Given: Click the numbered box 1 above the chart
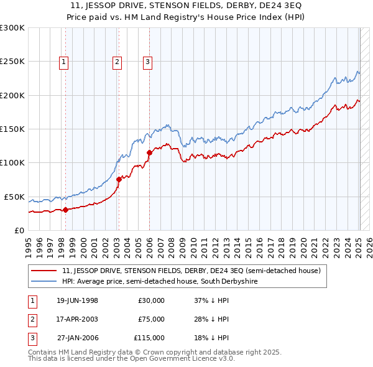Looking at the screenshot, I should pyautogui.click(x=65, y=61).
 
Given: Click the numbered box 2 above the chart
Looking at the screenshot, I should pyautogui.click(x=117, y=61).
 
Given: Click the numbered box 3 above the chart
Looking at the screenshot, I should pyautogui.click(x=147, y=61).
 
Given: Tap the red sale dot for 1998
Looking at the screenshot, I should pyautogui.click(x=65, y=210).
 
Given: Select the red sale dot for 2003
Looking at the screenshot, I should pyautogui.click(x=118, y=180).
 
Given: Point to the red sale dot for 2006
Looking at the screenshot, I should pyautogui.click(x=149, y=152).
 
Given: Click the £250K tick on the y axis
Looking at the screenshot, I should pyautogui.click(x=12, y=62).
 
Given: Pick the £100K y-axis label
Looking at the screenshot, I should pyautogui.click(x=12, y=162).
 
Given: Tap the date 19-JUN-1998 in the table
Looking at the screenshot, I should pyautogui.click(x=77, y=300).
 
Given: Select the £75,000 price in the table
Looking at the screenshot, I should pyautogui.click(x=151, y=319).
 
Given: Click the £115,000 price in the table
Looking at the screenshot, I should pyautogui.click(x=149, y=338).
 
